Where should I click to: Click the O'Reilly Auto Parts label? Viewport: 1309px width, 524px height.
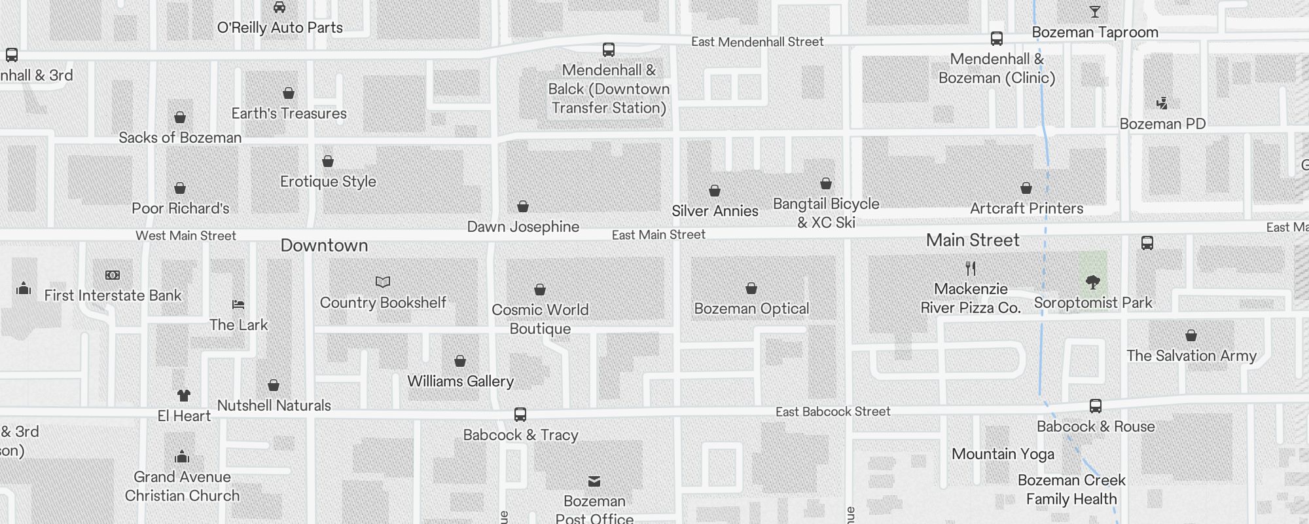[x=280, y=28]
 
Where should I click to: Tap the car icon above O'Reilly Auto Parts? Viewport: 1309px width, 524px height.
[x=279, y=7]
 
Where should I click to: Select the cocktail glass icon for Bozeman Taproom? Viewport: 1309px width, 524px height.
[x=1094, y=12]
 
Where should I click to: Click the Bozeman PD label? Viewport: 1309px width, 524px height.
[x=1162, y=124]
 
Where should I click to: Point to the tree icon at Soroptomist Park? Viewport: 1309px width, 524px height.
[x=1092, y=282]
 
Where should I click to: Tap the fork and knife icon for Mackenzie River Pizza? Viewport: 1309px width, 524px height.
[x=971, y=269]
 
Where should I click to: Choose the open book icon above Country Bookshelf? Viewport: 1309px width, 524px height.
[x=383, y=282]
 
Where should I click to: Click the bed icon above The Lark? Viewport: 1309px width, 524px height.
[x=238, y=305]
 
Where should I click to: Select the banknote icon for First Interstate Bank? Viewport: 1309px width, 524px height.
[x=113, y=275]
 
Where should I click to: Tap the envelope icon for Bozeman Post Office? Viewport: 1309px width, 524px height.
[x=594, y=481]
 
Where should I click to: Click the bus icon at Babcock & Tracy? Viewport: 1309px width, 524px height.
[x=520, y=415]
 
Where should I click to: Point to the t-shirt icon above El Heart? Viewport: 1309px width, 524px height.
[x=184, y=396]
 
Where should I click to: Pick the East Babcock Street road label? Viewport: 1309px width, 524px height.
[x=833, y=411]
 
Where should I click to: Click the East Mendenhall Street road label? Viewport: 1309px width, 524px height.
[x=757, y=42]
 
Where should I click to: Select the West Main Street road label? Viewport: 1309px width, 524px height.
[x=186, y=236]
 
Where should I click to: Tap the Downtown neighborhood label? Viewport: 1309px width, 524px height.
[x=324, y=246]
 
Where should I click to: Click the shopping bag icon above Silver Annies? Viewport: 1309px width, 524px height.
[x=715, y=191]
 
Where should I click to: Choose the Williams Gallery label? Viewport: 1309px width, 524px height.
[x=460, y=381]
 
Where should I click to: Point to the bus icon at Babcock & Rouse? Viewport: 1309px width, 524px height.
[x=1096, y=406]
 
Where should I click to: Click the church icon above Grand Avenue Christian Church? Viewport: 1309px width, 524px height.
[x=182, y=457]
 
